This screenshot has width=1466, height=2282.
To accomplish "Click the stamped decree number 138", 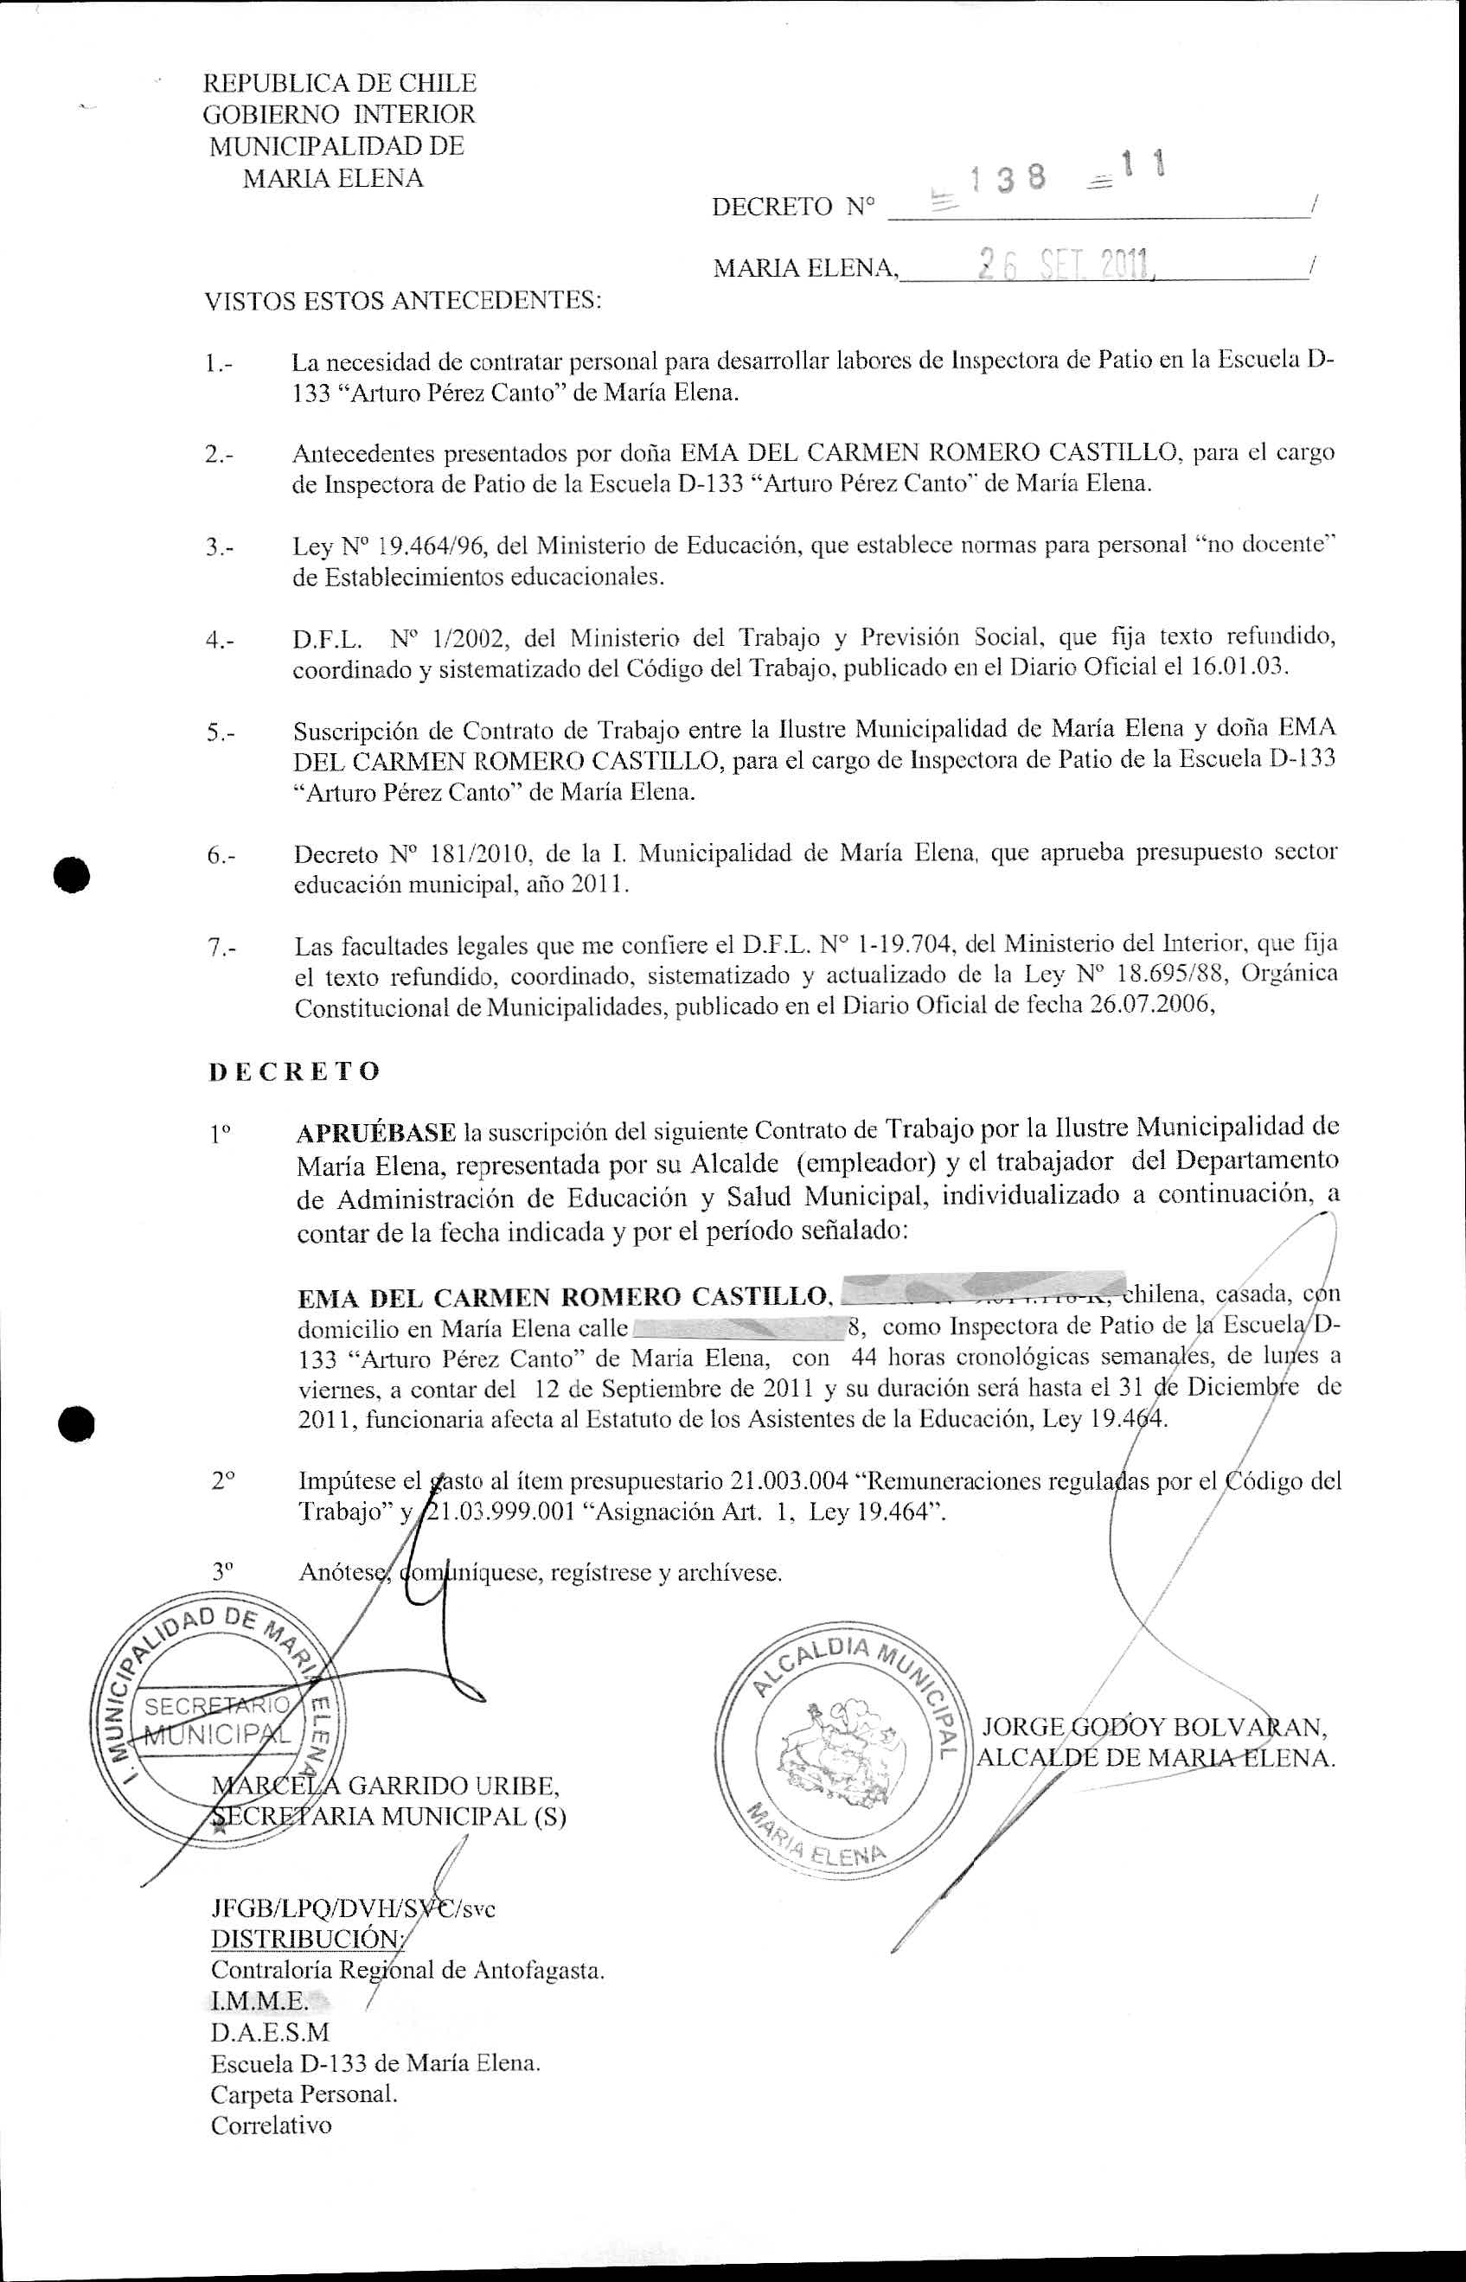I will click(x=1007, y=178).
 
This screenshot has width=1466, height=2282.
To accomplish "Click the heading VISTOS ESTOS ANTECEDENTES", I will click(x=404, y=302).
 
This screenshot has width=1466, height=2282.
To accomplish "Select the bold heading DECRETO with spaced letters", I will click(x=294, y=1071).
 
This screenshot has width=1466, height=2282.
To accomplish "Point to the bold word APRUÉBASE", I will click(x=376, y=1133).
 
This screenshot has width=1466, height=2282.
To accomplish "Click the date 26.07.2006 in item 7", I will click(x=1151, y=1006).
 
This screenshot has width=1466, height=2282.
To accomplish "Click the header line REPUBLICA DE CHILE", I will click(x=340, y=83).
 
